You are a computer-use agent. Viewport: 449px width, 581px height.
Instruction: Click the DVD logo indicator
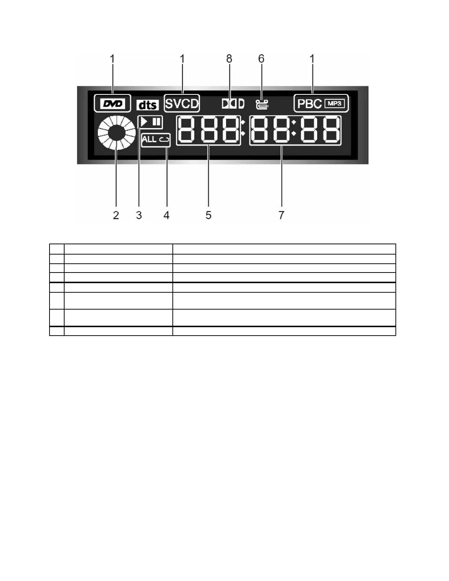pyautogui.click(x=113, y=104)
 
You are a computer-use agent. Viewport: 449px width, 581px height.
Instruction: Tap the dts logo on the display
pyautogui.click(x=147, y=105)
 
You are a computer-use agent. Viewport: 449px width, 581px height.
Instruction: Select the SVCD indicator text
pyautogui.click(x=182, y=104)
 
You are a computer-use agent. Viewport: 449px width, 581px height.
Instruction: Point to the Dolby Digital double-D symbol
pyautogui.click(x=233, y=104)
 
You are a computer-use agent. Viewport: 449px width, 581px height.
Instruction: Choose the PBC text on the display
pyautogui.click(x=309, y=104)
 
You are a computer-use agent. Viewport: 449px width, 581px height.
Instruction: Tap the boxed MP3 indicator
pyautogui.click(x=335, y=103)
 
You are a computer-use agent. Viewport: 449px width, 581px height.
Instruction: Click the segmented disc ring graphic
pyautogui.click(x=116, y=132)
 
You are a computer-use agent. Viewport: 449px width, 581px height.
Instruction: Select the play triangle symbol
pyautogui.click(x=145, y=122)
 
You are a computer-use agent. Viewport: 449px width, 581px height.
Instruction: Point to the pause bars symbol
pyautogui.click(x=157, y=122)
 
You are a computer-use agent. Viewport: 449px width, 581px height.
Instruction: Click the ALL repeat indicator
pyautogui.click(x=156, y=139)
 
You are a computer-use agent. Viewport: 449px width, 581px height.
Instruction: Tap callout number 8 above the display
pyautogui.click(x=229, y=59)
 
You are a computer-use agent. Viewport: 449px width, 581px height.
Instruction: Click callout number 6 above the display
pyautogui.click(x=261, y=59)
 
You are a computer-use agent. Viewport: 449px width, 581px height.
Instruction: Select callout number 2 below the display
pyautogui.click(x=116, y=215)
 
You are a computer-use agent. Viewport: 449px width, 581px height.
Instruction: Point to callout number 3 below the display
pyautogui.click(x=139, y=215)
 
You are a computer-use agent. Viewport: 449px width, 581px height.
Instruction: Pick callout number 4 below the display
pyautogui.click(x=167, y=215)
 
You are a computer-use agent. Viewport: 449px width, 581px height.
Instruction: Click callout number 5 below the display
pyautogui.click(x=208, y=215)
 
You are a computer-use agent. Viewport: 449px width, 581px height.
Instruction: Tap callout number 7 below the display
pyautogui.click(x=281, y=215)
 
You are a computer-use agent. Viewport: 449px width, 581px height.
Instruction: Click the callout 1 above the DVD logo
pyautogui.click(x=113, y=59)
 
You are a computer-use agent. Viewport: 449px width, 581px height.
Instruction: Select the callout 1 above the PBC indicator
pyautogui.click(x=312, y=59)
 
